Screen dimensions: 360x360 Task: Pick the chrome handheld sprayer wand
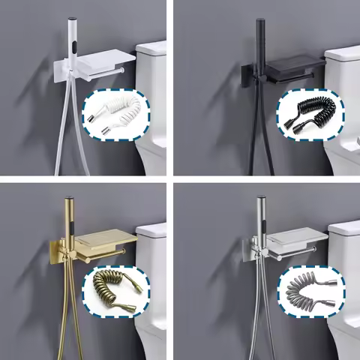tap(260, 217)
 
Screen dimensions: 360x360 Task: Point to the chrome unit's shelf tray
tap(296, 238)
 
